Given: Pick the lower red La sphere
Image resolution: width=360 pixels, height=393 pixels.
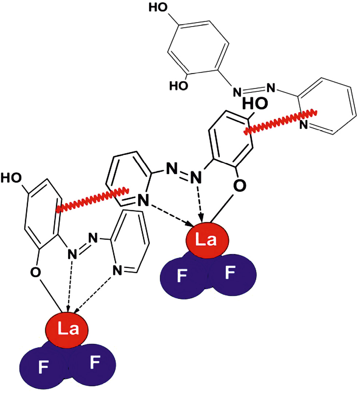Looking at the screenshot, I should pyautogui.click(x=67, y=329).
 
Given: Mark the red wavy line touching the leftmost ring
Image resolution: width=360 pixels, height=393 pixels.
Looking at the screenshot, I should pyautogui.click(x=92, y=199).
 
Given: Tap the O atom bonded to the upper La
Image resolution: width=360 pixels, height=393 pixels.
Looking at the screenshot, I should pyautogui.click(x=238, y=186).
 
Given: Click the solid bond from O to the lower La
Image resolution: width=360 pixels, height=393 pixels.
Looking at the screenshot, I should pyautogui.click(x=51, y=294).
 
